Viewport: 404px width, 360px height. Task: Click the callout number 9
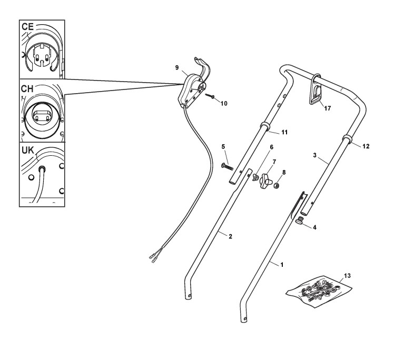177,67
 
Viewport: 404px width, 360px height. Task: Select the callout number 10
224,104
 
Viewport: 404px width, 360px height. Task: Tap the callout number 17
328,108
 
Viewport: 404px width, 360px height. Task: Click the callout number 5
223,146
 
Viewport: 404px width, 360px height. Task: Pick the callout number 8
284,172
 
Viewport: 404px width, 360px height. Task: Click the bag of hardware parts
317,290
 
